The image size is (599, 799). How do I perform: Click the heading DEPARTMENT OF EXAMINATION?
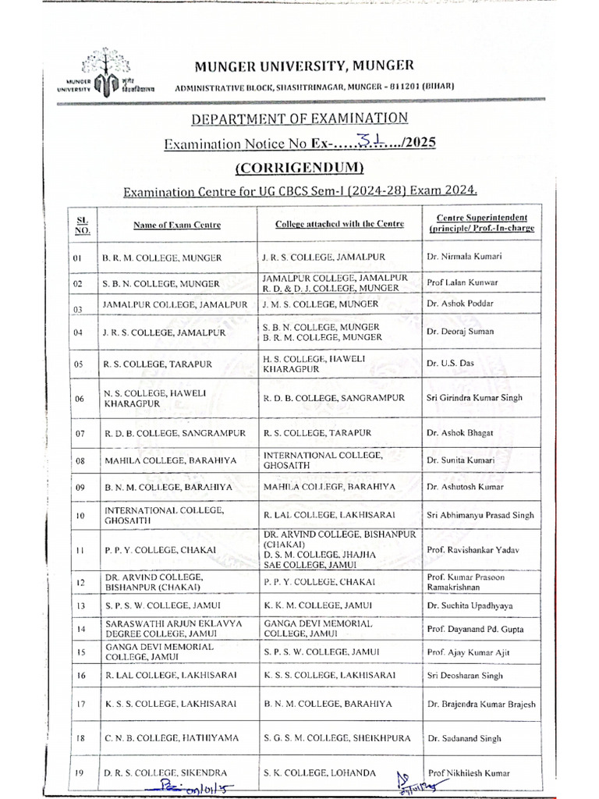click(x=299, y=118)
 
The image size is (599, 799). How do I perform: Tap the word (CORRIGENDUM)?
click(x=299, y=168)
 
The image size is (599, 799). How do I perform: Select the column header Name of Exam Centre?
click(x=176, y=225)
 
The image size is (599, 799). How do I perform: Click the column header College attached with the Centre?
click(x=339, y=224)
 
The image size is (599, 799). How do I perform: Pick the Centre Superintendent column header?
click(x=477, y=223)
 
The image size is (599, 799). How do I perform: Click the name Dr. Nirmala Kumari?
click(x=464, y=257)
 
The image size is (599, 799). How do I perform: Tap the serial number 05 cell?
click(x=78, y=364)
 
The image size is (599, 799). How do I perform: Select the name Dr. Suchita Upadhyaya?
click(x=470, y=605)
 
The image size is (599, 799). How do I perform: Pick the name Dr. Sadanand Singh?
click(x=464, y=737)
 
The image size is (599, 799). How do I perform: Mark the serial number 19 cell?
click(x=78, y=773)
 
